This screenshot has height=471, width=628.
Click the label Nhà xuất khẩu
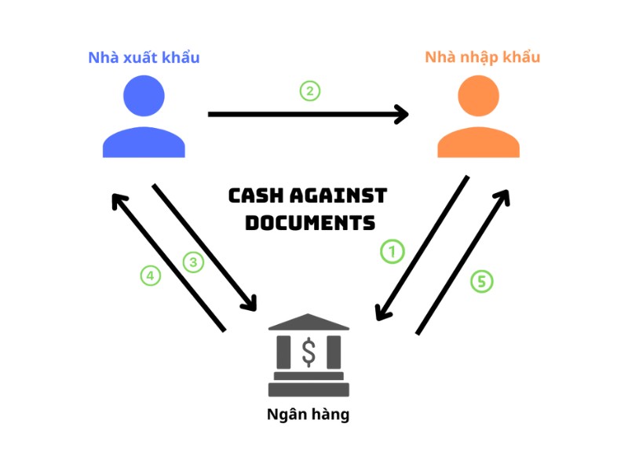pyautogui.click(x=144, y=58)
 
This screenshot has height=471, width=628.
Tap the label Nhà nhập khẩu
pyautogui.click(x=482, y=57)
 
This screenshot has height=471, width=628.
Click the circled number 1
pyautogui.click(x=392, y=251)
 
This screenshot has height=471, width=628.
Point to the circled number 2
pyautogui.click(x=310, y=91)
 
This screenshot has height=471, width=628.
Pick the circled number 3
pyautogui.click(x=193, y=262)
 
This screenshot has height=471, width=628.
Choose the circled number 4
pyautogui.click(x=151, y=276)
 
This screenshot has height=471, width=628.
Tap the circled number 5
pyautogui.click(x=482, y=281)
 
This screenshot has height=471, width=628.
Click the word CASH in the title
pyautogui.click(x=256, y=195)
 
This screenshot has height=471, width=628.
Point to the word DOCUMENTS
pyautogui.click(x=309, y=222)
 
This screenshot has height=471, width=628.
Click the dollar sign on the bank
pyautogui.click(x=309, y=352)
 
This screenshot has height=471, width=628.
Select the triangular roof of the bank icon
pyautogui.click(x=309, y=322)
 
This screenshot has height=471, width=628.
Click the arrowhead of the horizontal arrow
pyautogui.click(x=402, y=115)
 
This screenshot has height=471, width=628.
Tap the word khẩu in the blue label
pyautogui.click(x=181, y=58)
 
